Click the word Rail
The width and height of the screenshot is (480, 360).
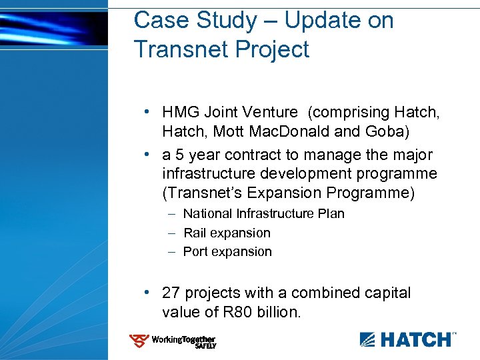point(195,233)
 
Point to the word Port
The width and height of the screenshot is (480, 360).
point(195,252)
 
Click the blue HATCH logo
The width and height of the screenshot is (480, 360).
point(408,339)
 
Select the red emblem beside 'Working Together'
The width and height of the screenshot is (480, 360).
point(139,341)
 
